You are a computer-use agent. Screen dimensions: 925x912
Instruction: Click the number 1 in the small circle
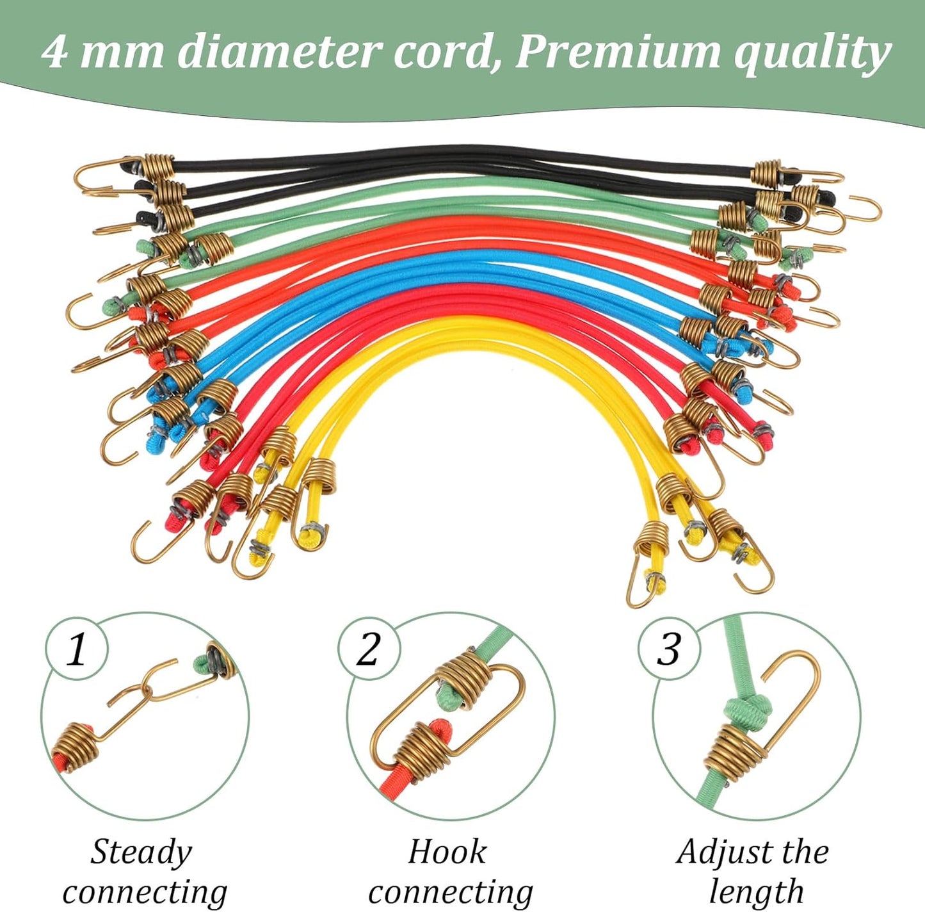pyautogui.click(x=77, y=649)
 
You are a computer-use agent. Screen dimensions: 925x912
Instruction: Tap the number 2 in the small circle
pyautogui.click(x=367, y=649)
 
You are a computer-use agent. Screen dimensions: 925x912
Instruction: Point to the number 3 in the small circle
pyautogui.click(x=669, y=649)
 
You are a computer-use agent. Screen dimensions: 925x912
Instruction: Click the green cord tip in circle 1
pyautogui.click(x=200, y=665)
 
